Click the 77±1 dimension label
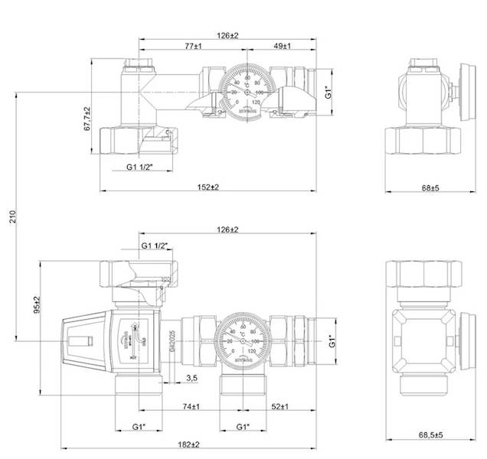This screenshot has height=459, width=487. point(193,47)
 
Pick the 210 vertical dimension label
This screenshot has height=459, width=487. point(10,219)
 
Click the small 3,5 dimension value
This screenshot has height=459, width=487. point(191,379)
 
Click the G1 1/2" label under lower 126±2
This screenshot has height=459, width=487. point(155,246)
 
